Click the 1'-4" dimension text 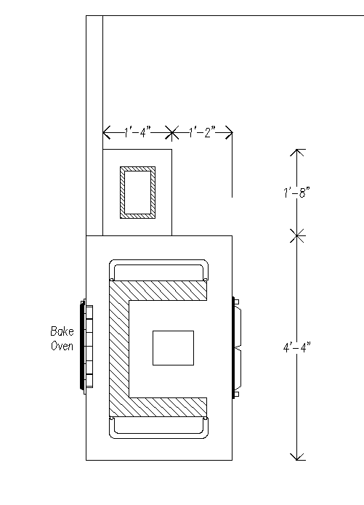[x=137, y=132]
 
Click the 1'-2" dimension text [x=202, y=132]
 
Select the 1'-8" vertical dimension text [x=296, y=193]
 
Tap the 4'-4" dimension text [x=296, y=347]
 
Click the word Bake [x=62, y=331]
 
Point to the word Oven [x=62, y=346]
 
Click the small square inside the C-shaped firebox [x=174, y=348]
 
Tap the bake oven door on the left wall [x=86, y=347]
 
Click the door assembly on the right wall [x=237, y=348]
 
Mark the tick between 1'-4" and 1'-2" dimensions [x=171, y=132]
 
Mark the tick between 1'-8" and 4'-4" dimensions [x=297, y=235]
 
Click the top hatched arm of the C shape [x=158, y=291]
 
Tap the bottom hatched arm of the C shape [x=158, y=407]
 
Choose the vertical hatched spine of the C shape [x=119, y=349]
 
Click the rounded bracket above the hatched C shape [x=158, y=260]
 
